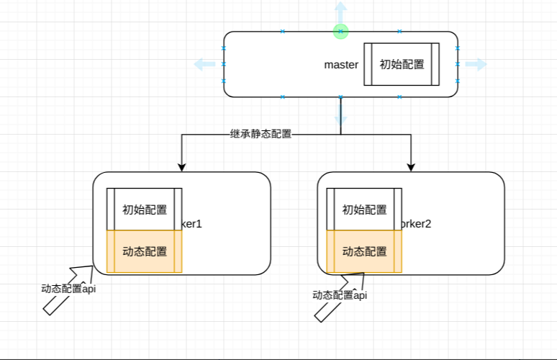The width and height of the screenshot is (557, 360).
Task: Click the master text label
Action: [x=341, y=65]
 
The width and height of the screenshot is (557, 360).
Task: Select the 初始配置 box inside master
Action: [x=402, y=64]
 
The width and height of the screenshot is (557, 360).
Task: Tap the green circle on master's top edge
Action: [x=341, y=31]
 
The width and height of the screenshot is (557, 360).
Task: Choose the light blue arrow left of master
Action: [x=205, y=65]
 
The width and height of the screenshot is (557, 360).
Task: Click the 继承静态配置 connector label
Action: [x=261, y=133]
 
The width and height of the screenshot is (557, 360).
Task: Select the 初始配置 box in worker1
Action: [x=145, y=210]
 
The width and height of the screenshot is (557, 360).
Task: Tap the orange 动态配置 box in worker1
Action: [x=145, y=251]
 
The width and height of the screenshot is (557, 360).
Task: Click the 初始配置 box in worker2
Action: [x=364, y=210]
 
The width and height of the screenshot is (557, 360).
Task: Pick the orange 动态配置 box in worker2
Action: [x=364, y=251]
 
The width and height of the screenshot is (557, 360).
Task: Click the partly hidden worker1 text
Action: [x=192, y=224]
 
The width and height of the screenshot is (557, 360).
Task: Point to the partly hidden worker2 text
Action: [x=417, y=224]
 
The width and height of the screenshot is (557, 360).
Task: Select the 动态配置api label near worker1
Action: [x=68, y=288]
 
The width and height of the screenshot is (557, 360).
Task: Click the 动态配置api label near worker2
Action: [x=340, y=294]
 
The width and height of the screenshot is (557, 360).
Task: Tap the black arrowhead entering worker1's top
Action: [x=182, y=166]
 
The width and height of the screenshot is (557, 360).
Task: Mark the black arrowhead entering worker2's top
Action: [x=411, y=166]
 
